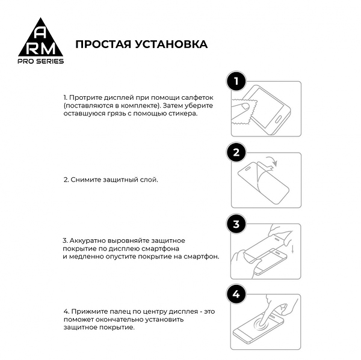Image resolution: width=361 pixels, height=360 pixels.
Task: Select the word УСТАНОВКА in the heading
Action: click(x=174, y=44)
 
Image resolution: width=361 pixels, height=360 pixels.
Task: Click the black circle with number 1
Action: click(x=236, y=81)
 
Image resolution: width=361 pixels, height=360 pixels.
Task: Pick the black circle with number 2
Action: click(x=236, y=153)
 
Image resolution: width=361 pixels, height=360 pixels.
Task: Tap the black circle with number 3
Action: click(x=236, y=224)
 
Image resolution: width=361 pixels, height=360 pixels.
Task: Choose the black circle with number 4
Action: click(x=236, y=294)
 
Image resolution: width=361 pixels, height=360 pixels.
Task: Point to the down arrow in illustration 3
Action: click(x=292, y=248)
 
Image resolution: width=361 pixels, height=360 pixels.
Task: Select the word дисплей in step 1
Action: click(x=117, y=97)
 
